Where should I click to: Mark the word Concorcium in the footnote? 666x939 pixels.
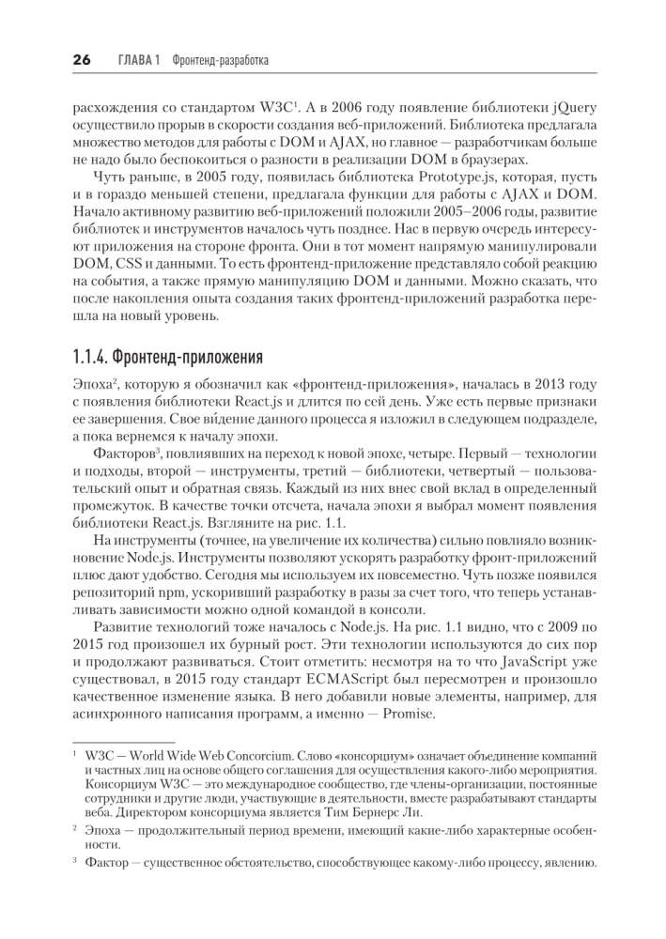coord(252,756)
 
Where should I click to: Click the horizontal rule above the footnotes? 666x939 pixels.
coord(111,742)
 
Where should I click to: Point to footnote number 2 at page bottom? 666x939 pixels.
coord(74,830)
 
